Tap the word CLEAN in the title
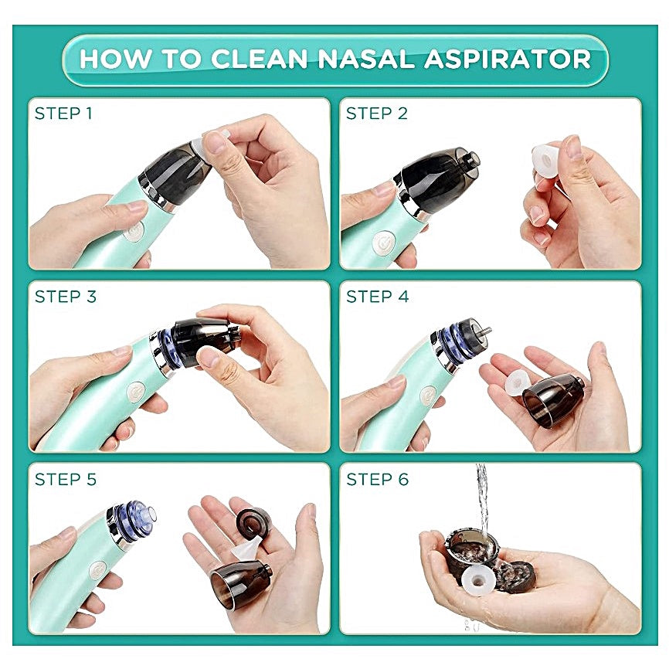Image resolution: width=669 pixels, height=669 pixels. click(x=260, y=59)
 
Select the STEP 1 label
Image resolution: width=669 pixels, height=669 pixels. click(x=63, y=114)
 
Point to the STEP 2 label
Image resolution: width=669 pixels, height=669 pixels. click(x=376, y=114)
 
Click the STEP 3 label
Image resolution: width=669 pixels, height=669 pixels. click(x=66, y=297)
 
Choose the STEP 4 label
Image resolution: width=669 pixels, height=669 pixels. click(x=377, y=297)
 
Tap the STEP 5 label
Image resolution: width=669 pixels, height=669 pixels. click(x=66, y=480)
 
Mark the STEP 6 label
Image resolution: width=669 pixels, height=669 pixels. click(x=377, y=480)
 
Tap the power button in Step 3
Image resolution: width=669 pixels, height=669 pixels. click(x=135, y=392)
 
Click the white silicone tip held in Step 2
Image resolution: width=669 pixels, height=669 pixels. click(x=547, y=161)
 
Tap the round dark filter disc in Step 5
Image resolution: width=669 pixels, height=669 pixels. click(x=253, y=522)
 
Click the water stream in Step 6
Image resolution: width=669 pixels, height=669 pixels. click(x=483, y=494)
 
